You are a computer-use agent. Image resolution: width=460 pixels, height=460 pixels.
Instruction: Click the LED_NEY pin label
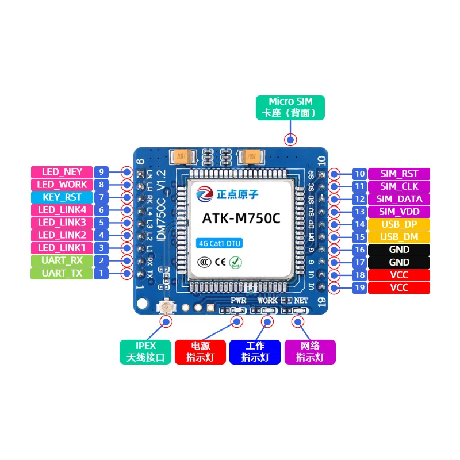(x=62, y=172)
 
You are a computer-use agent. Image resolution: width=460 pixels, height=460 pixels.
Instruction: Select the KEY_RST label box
(x=62, y=197)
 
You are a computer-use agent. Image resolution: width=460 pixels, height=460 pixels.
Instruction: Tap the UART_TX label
(x=62, y=273)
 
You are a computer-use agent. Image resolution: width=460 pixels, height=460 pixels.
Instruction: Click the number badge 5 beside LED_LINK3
(x=101, y=223)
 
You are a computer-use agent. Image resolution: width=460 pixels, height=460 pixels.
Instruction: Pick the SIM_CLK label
(x=398, y=186)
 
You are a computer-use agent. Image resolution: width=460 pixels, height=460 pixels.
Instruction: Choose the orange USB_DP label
(x=398, y=224)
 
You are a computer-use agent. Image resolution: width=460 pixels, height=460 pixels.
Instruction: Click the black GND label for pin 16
(x=398, y=250)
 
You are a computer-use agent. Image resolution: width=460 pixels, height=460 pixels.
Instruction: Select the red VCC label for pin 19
(x=398, y=287)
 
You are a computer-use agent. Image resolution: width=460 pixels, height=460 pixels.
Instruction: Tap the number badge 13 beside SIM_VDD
(x=359, y=212)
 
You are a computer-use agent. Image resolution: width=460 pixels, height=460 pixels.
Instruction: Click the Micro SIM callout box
(x=290, y=108)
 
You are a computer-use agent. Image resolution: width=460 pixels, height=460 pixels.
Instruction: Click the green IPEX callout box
(x=145, y=351)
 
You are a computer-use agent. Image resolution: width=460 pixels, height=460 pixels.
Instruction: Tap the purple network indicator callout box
(x=310, y=351)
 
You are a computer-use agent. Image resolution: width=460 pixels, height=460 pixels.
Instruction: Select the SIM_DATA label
(x=398, y=199)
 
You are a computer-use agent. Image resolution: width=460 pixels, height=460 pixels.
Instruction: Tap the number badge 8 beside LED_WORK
(x=101, y=185)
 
